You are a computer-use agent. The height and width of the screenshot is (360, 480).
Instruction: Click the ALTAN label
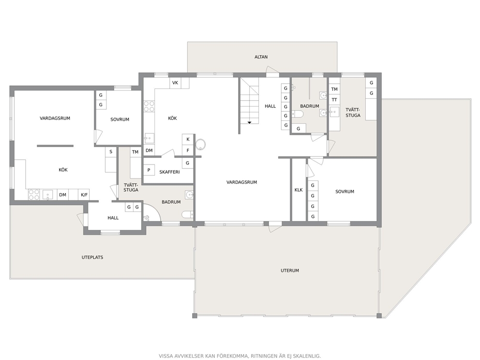261,57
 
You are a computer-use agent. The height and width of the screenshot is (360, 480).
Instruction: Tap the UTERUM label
289,270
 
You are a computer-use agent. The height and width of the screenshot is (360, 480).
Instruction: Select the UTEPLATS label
92,257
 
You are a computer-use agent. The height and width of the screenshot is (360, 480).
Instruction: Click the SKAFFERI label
169,172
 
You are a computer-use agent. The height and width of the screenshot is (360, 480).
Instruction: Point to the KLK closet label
299,190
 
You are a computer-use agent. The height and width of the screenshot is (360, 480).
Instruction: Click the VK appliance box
175,83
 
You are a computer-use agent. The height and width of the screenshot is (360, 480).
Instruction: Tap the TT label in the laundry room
334,100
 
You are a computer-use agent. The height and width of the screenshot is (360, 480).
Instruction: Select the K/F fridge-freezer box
84,195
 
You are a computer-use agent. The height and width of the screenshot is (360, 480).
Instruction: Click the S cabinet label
111,151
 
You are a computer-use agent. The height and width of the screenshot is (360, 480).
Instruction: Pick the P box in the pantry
149,170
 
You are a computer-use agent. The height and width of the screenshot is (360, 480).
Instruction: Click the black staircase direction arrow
250,122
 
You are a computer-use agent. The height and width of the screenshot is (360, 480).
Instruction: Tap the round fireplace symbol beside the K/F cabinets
200,145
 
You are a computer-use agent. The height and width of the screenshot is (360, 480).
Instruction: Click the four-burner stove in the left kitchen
34,195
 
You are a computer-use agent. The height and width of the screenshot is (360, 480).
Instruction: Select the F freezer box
188,150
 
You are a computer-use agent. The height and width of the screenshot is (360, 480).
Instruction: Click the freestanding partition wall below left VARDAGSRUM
55,146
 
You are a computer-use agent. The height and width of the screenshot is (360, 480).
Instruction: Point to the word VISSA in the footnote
165,356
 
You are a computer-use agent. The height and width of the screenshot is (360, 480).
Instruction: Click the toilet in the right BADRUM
298,114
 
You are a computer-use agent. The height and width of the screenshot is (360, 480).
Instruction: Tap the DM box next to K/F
63,195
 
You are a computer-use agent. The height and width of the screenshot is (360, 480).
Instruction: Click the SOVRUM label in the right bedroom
345,192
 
